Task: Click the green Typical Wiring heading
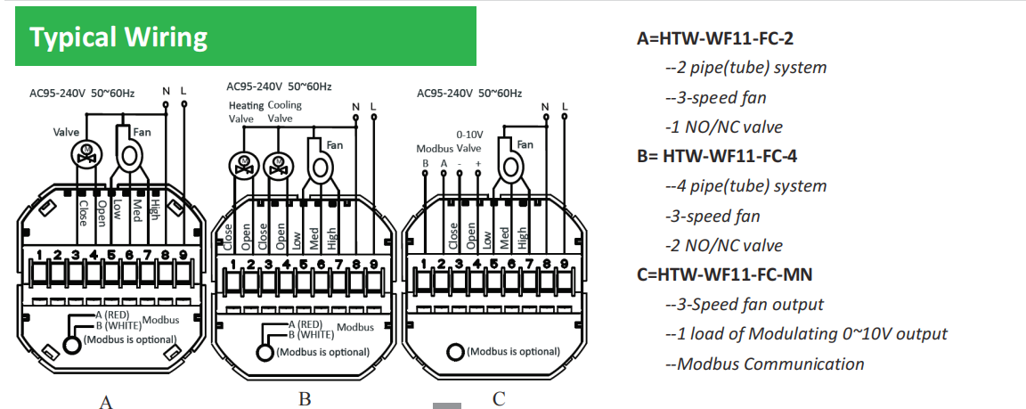pyautogui.click(x=118, y=37)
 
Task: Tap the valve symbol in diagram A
pyautogui.click(x=86, y=154)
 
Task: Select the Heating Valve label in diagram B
pyautogui.click(x=240, y=111)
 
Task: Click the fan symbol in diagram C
pyautogui.click(x=509, y=166)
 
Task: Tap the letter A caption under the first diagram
pyautogui.click(x=105, y=402)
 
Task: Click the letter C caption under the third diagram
pyautogui.click(x=499, y=398)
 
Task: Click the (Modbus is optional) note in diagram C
pyautogui.click(x=514, y=351)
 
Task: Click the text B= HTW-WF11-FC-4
pyautogui.click(x=717, y=156)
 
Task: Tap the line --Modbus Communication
pyautogui.click(x=764, y=364)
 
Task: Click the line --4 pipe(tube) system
pyautogui.click(x=745, y=186)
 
